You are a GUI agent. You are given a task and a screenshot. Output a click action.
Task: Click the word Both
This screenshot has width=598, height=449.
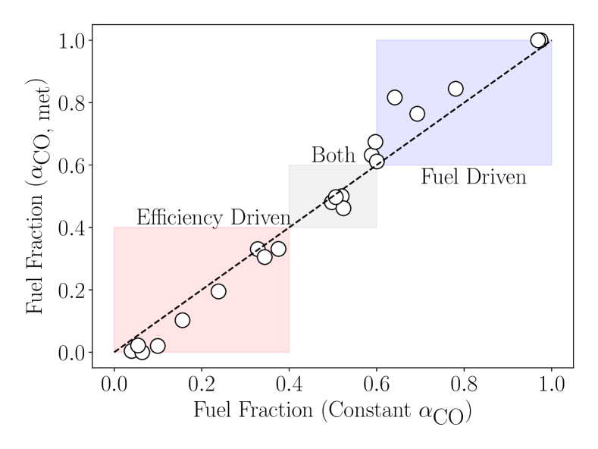coord(333,155)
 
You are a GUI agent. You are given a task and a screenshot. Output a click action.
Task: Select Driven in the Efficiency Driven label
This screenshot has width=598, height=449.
coord(260,218)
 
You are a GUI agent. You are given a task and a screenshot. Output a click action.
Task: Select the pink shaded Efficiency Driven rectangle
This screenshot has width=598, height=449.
coord(189,319)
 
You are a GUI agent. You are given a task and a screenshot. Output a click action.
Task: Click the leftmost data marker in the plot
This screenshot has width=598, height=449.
coord(132,350)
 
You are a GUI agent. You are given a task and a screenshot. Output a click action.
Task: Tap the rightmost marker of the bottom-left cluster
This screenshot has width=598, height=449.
coord(158,346)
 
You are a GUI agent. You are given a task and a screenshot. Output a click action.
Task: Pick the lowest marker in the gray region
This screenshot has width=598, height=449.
coord(343,208)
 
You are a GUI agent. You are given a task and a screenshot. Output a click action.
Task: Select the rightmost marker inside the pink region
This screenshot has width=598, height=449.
coord(278,249)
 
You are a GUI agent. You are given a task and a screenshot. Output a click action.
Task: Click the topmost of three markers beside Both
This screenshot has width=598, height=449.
coord(375,142)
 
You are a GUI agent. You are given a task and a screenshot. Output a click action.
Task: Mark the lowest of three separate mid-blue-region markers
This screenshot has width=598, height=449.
coord(417,114)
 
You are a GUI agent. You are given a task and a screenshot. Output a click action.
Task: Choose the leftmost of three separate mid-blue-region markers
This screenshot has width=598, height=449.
coord(394,97)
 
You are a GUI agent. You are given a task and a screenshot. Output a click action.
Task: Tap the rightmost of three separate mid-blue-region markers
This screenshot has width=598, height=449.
coord(456,89)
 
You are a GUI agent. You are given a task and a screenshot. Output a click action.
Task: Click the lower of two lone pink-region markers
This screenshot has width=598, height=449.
coord(182,320)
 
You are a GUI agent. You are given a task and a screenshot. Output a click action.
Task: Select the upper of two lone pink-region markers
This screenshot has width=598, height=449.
coord(218,291)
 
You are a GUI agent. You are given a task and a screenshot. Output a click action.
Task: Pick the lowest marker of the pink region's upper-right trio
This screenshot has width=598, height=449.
coord(265,257)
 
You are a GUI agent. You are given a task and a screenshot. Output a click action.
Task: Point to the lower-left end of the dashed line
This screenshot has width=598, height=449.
coord(115,352)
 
